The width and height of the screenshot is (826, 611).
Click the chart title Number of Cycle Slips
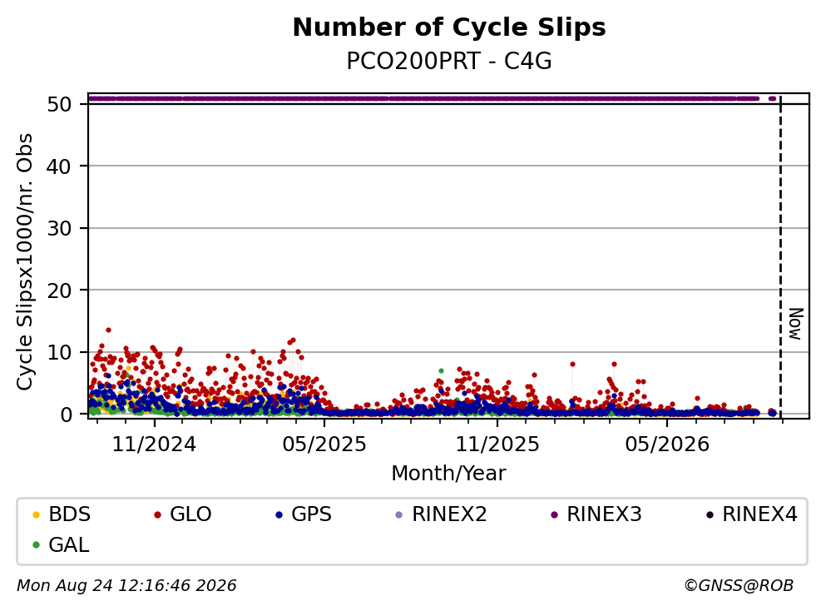pyautogui.click(x=449, y=27)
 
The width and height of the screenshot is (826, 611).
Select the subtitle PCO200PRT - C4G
pyautogui.click(x=449, y=62)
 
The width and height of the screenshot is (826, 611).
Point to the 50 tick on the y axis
pyautogui.click(x=60, y=104)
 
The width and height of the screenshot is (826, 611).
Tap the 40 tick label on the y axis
pyautogui.click(x=60, y=166)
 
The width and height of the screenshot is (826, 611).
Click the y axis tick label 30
pyautogui.click(x=60, y=228)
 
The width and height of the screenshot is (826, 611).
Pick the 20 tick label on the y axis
pyautogui.click(x=60, y=291)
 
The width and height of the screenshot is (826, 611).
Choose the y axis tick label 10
pyautogui.click(x=60, y=352)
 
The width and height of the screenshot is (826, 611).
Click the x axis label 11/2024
pyautogui.click(x=154, y=445)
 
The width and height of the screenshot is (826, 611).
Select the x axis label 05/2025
pyautogui.click(x=324, y=445)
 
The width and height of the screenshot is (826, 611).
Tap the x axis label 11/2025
pyautogui.click(x=497, y=445)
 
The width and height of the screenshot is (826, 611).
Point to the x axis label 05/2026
pyautogui.click(x=667, y=445)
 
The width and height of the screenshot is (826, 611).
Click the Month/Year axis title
pyautogui.click(x=449, y=474)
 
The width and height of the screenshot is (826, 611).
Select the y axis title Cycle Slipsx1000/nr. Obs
pyautogui.click(x=24, y=262)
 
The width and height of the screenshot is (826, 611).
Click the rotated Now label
pyautogui.click(x=795, y=324)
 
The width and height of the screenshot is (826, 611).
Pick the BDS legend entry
pyautogui.click(x=62, y=514)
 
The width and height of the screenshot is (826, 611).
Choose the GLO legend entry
pyautogui.click(x=183, y=514)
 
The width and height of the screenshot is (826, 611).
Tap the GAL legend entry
pyautogui.click(x=61, y=544)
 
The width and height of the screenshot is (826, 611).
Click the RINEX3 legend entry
pyautogui.click(x=596, y=514)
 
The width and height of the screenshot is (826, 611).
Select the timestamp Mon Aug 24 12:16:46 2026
pyautogui.click(x=126, y=586)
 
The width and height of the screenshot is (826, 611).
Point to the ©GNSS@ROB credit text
pyautogui.click(x=739, y=586)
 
